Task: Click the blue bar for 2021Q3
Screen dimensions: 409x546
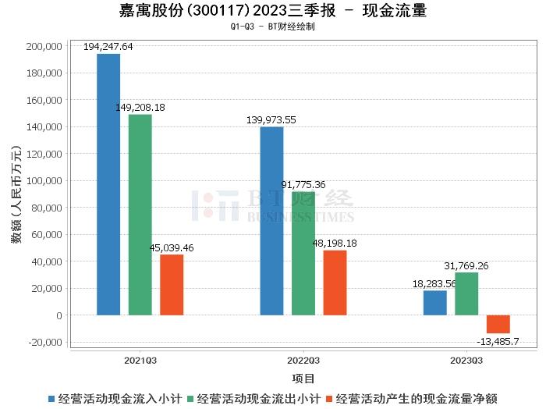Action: [x=108, y=184]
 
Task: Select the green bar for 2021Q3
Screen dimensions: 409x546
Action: [x=140, y=215]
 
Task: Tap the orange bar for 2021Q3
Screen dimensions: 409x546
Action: [x=172, y=285]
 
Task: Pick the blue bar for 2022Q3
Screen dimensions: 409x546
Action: [x=271, y=221]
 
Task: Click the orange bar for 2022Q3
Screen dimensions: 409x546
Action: [x=335, y=283]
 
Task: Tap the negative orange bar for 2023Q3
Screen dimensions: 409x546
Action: [x=498, y=324]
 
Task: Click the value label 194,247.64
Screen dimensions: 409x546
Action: [x=108, y=47]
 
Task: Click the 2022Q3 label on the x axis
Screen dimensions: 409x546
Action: [x=303, y=361]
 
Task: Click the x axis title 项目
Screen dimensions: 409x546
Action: [x=303, y=379]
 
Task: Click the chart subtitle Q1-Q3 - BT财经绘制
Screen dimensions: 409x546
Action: [x=273, y=27]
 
